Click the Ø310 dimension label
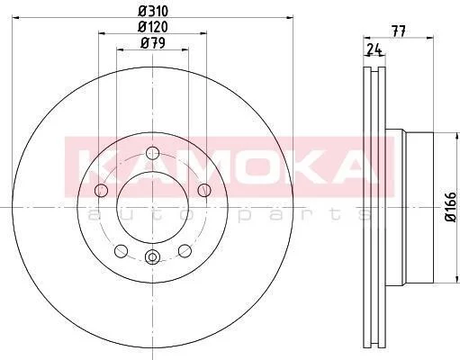tap(153, 12)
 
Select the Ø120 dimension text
tap(153, 27)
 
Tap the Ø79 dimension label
tap(153, 43)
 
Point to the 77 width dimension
tap(399, 31)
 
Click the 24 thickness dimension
tap(374, 49)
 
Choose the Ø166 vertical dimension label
tap(451, 207)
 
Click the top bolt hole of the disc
tap(152, 153)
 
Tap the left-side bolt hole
tap(101, 190)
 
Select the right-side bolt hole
tap(204, 190)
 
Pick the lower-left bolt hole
tap(121, 251)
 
